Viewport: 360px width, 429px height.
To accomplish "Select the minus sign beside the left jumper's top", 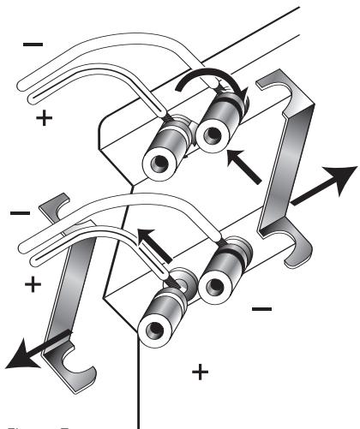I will click(x=18, y=212).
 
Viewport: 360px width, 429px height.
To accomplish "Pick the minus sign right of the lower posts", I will click(x=262, y=306).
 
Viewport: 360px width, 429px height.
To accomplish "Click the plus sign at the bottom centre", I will click(x=200, y=372).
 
